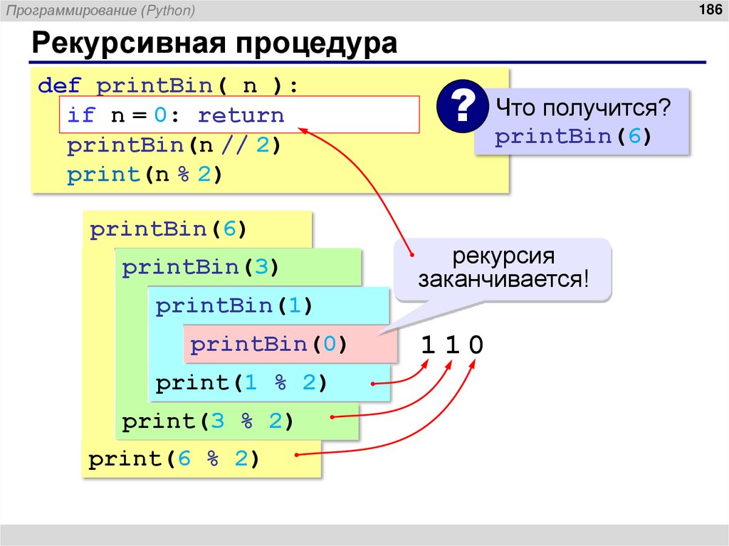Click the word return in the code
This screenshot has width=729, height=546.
(241, 115)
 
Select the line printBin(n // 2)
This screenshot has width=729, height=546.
(174, 146)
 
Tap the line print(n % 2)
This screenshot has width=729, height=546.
(145, 175)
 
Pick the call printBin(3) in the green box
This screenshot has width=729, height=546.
(200, 268)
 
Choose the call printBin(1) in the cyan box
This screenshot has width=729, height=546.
(234, 307)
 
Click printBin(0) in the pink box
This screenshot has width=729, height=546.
(268, 345)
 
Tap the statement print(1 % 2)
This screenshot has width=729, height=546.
(241, 384)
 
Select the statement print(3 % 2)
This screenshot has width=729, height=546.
(208, 421)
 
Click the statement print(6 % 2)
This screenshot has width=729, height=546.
(174, 460)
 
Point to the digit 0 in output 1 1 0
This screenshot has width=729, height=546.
(476, 346)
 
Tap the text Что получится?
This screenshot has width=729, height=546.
(583, 109)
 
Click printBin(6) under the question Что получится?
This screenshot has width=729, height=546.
(573, 137)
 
